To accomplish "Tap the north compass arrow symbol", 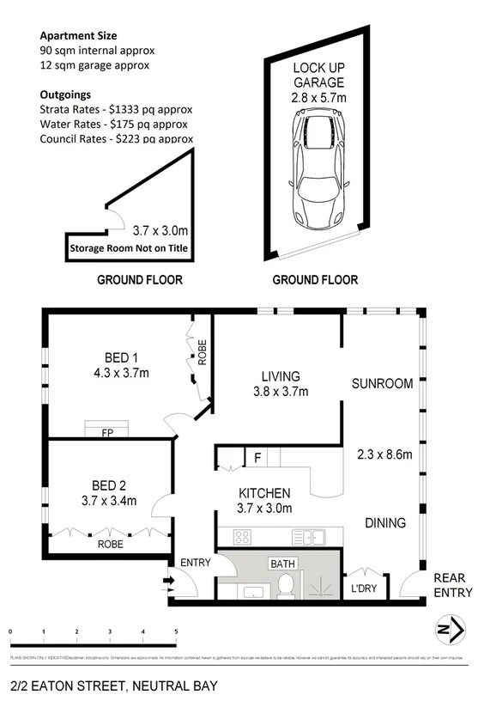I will (452, 631).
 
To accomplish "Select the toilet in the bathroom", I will (287, 588).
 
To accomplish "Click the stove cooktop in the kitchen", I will (243, 538).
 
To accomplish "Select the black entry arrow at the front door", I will (168, 580).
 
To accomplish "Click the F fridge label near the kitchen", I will (257, 457).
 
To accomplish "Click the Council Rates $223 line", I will (116, 138).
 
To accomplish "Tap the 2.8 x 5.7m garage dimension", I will (318, 98).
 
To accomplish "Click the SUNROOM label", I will (383, 383).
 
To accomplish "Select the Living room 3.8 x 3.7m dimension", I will (279, 392).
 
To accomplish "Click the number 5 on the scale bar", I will (176, 632).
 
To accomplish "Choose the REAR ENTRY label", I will (453, 585).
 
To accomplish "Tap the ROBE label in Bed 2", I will (109, 544).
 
